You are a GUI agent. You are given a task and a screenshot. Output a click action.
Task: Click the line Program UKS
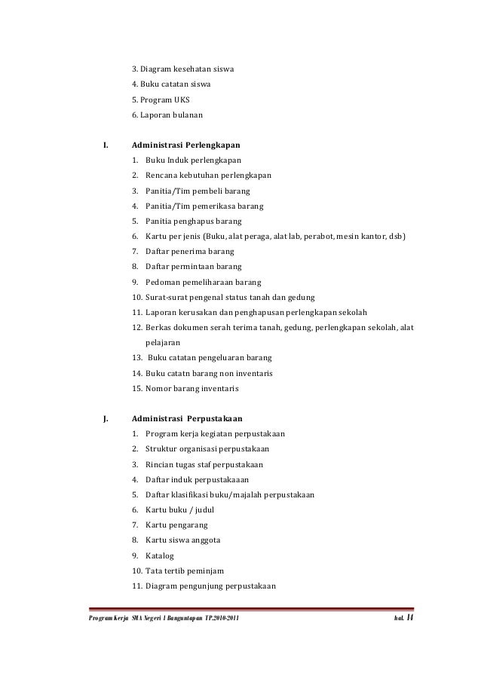[161, 99]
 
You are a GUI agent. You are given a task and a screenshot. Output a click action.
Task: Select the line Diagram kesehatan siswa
[182, 69]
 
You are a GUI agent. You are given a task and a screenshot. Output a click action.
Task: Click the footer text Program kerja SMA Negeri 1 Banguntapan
[136, 620]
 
